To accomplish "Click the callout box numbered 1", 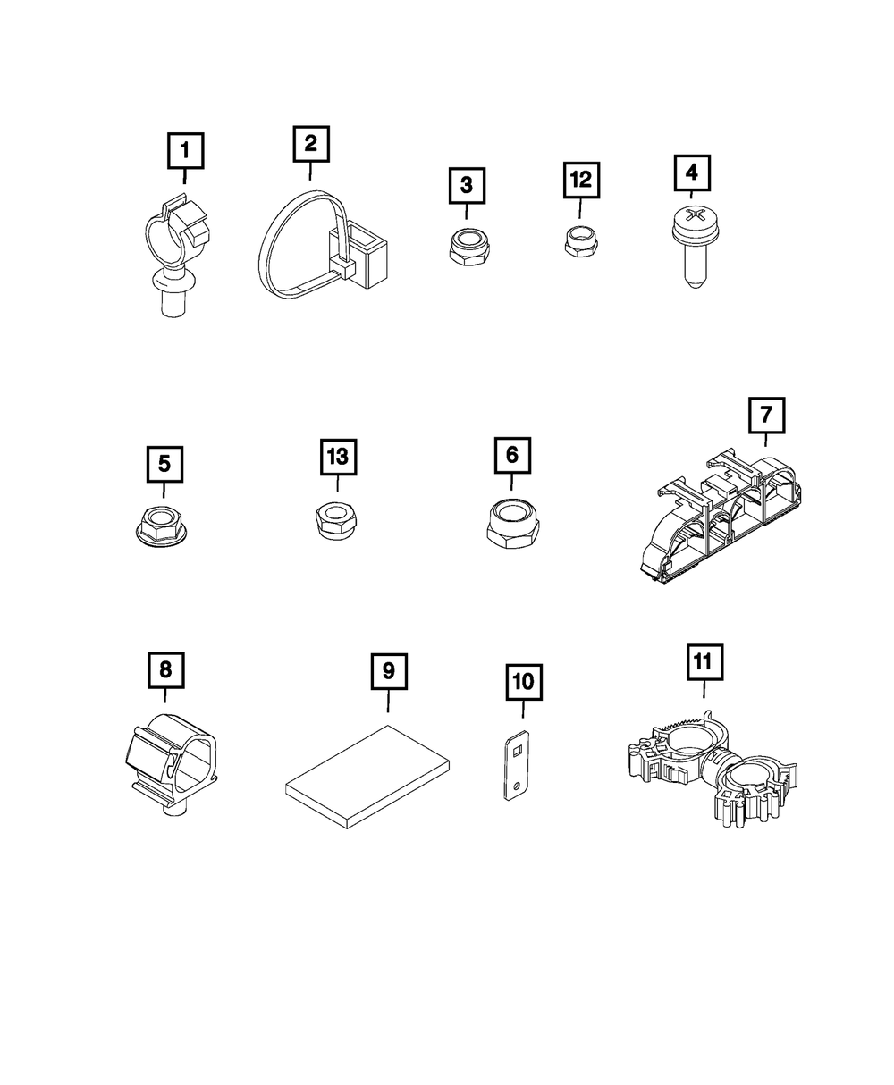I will tap(185, 150).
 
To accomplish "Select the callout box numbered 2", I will tap(310, 143).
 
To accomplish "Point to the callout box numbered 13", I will tap(338, 457).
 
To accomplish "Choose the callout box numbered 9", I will tap(389, 671).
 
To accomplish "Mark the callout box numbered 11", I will tap(703, 662).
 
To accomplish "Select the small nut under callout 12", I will tap(579, 240).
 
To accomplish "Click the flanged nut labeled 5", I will tap(164, 521).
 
